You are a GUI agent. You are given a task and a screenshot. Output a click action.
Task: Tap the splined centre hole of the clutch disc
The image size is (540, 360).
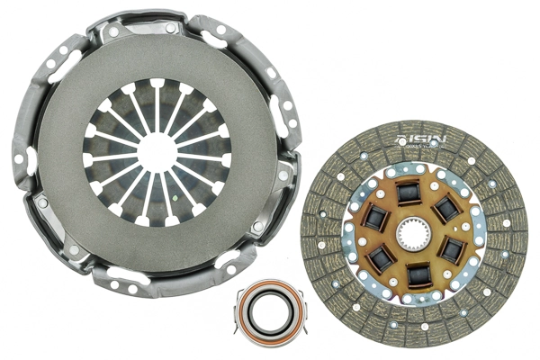coord(416,235)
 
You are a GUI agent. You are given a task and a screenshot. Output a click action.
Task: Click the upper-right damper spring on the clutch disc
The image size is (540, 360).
coord(447,209)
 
